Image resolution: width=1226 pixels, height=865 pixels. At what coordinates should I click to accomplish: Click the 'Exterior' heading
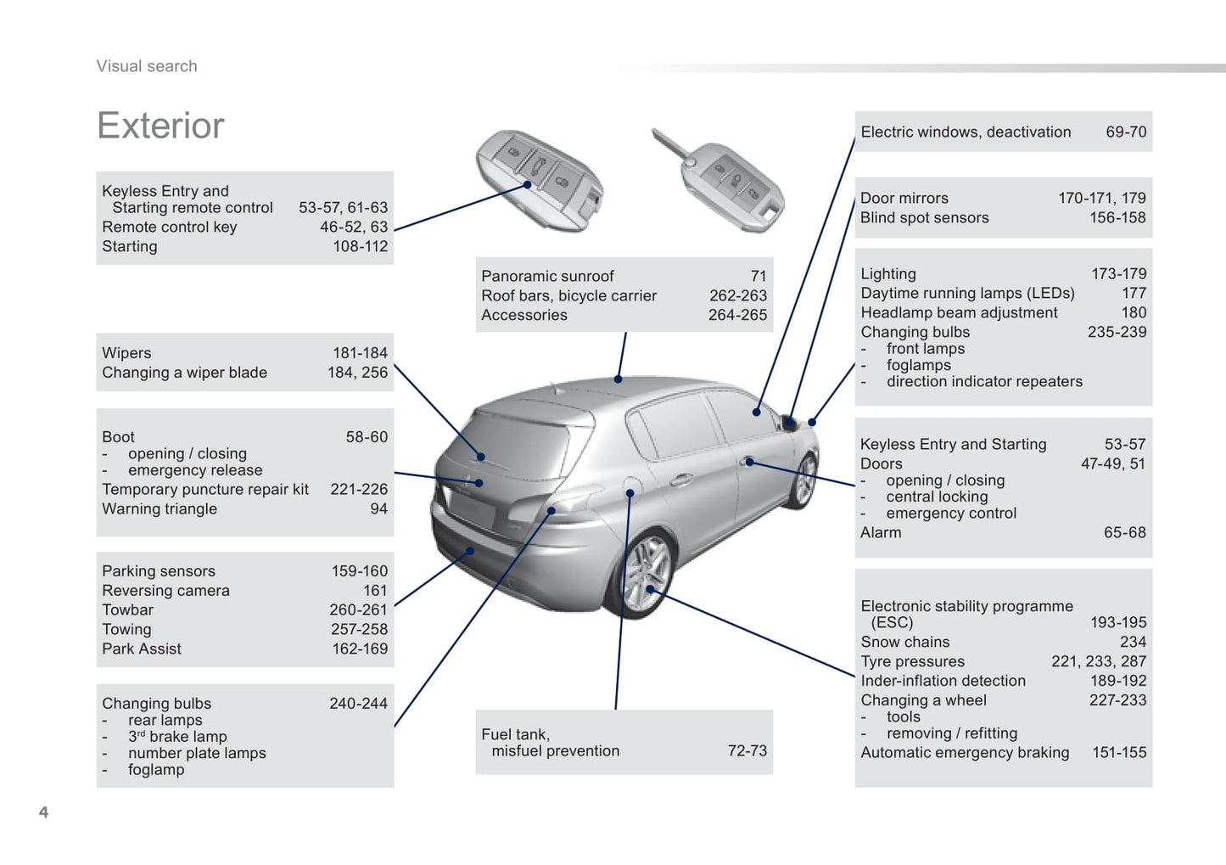[x=160, y=126]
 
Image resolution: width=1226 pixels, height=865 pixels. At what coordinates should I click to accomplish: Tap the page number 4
[x=44, y=812]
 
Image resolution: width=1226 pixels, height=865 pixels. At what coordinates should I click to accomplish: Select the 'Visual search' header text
[x=147, y=66]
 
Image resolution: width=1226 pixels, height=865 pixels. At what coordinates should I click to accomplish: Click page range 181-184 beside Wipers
[x=360, y=352]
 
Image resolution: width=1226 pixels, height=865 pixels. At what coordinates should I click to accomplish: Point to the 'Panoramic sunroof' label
[x=547, y=276]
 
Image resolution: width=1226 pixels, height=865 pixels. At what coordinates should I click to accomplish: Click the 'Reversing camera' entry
[x=165, y=590]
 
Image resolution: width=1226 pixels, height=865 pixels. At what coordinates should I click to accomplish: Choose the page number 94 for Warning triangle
[x=378, y=508]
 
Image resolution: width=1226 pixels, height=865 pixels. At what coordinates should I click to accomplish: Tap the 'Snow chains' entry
[x=904, y=642]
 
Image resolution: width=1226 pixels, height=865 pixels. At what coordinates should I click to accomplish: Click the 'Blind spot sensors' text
[x=925, y=217]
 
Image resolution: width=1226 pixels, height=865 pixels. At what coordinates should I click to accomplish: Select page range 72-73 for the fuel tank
[x=747, y=750]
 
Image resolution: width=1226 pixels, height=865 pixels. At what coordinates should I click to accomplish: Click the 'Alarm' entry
[x=881, y=532]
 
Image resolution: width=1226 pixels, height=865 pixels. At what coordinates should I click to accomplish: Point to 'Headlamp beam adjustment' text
[x=959, y=312]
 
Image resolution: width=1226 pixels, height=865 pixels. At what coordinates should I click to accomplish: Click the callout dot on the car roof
[x=618, y=379]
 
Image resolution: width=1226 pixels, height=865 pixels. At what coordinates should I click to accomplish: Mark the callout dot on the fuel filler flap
[x=630, y=493]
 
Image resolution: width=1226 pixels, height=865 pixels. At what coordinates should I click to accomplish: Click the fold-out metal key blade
[x=671, y=144]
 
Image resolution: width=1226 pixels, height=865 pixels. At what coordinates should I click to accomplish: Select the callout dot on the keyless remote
[x=528, y=184]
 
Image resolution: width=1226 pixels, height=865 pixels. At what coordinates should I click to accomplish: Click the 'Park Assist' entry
[x=141, y=649]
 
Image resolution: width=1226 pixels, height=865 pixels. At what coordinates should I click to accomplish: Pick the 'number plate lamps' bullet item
[x=197, y=753]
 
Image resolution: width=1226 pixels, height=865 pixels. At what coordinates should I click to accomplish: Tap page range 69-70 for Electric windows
[x=1126, y=132]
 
